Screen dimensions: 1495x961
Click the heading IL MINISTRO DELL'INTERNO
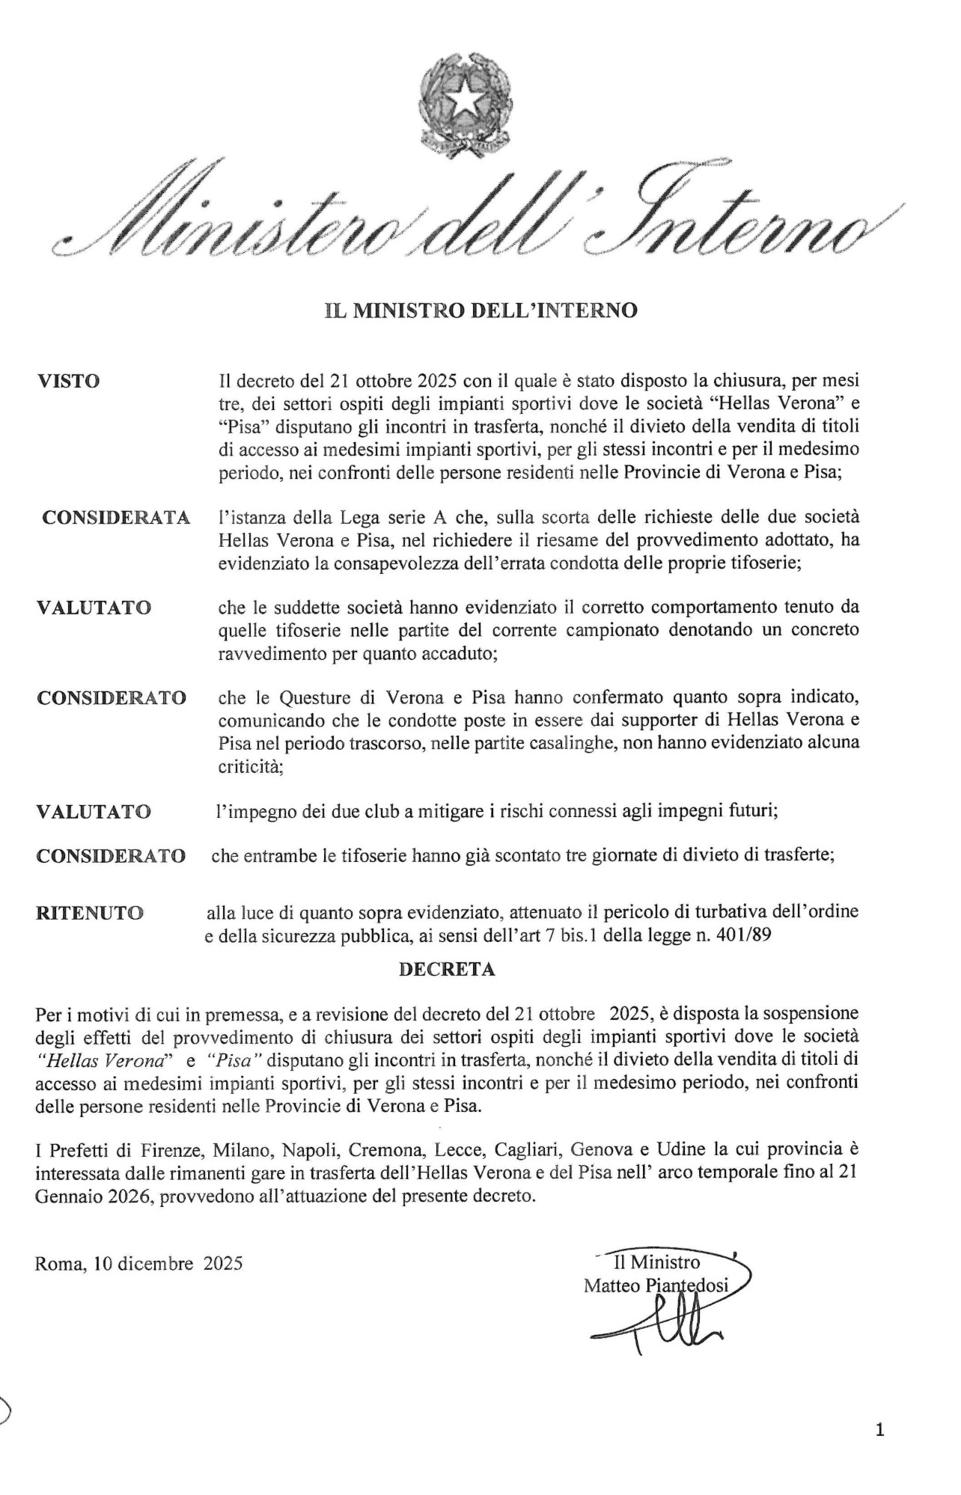tap(480, 310)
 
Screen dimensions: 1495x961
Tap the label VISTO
tap(68, 381)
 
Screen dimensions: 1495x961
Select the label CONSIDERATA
tap(116, 518)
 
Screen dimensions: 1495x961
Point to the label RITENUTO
tap(90, 913)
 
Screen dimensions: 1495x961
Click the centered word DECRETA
tap(447, 969)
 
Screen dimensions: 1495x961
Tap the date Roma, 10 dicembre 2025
tap(138, 1264)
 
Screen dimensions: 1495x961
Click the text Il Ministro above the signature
tap(656, 1262)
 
